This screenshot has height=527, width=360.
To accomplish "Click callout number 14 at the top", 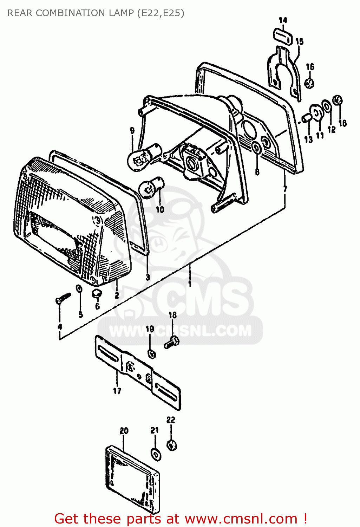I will (283, 20).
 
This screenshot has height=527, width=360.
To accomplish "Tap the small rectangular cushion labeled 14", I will (282, 37).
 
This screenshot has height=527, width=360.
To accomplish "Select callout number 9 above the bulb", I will (132, 131).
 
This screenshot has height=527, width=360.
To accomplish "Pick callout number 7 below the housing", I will (285, 189).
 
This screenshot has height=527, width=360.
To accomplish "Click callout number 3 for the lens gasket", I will (148, 277).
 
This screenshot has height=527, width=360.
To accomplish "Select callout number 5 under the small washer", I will (81, 314).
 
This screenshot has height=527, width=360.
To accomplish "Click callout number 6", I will (98, 306).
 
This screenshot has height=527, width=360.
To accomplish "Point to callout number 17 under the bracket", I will (117, 391).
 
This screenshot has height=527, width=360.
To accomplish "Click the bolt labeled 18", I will (172, 342).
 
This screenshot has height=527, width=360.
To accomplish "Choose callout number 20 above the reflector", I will (124, 431).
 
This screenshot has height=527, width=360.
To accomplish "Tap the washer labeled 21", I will (156, 454).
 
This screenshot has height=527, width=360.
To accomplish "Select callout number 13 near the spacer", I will (308, 139).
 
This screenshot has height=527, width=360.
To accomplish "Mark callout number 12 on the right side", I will (332, 130).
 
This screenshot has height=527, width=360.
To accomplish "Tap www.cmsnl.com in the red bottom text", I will (241, 519).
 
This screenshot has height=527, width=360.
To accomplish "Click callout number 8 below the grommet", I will (257, 172).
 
